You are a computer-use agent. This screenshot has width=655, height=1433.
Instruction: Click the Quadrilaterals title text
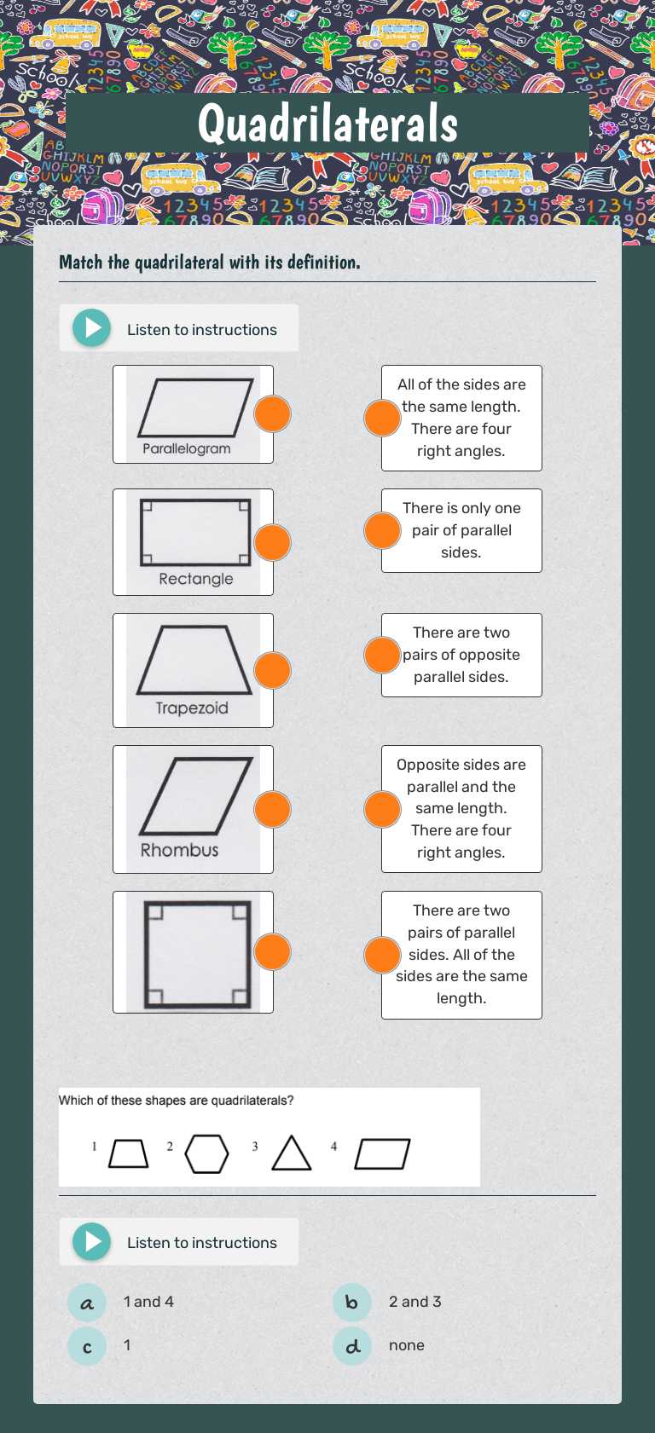pos(327,123)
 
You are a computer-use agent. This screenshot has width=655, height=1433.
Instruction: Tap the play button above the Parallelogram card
pos(92,328)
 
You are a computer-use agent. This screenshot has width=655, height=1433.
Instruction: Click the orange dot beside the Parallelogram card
pos(273,414)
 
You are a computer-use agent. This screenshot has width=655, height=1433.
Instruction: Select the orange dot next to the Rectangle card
pos(273,542)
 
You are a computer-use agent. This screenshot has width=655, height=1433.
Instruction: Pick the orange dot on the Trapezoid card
pos(273,670)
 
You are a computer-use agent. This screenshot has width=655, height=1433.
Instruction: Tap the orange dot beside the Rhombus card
pos(273,809)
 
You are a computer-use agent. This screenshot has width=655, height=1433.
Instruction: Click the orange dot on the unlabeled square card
pos(273,951)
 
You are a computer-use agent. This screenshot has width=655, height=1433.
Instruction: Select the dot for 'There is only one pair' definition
pos(382,530)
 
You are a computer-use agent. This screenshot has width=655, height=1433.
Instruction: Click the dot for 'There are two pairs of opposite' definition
pos(382,655)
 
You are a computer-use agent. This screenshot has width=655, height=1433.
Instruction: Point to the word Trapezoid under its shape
pos(192,708)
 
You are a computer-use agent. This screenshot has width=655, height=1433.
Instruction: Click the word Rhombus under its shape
pos(179,850)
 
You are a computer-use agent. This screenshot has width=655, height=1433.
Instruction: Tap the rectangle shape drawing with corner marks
pos(195,533)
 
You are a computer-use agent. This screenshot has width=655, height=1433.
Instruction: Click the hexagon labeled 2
pos(206,1154)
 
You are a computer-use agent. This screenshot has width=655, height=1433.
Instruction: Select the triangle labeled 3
pos(291,1154)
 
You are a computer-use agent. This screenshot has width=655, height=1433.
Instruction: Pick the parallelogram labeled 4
pos(382,1154)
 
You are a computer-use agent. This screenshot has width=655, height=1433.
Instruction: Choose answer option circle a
pos(87,1303)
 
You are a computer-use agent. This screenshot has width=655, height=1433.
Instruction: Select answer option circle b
pos(352,1303)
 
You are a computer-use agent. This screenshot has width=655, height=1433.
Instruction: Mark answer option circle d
pos(352,1346)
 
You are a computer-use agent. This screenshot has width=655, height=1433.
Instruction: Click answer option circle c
pos(87,1346)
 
